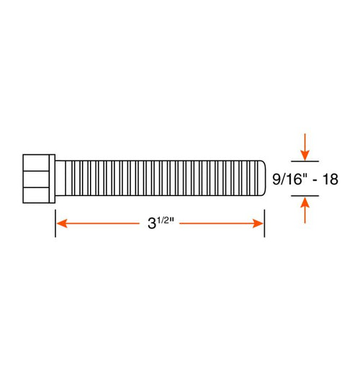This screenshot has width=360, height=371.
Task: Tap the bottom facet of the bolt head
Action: click(39, 195)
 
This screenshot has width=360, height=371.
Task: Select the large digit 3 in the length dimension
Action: click(152, 224)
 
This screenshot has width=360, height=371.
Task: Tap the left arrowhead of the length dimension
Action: click(61, 223)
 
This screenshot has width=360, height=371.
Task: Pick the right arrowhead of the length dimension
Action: click(258, 223)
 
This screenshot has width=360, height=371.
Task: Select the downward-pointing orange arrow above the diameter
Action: click(305, 148)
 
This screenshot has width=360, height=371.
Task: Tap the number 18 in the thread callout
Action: click(330, 179)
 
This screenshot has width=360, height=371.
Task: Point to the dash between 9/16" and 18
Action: click(316, 179)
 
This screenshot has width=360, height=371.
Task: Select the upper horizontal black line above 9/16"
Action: click(305, 161)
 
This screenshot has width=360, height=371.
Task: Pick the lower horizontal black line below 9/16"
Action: click(305, 196)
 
